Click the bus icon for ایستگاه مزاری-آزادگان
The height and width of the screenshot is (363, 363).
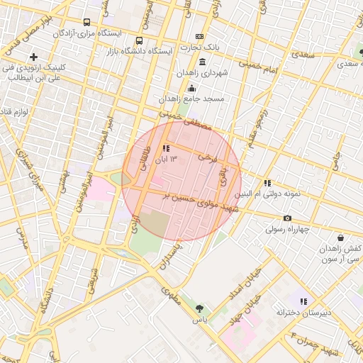pos(87,22)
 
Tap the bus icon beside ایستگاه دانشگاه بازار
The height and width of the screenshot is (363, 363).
pos(138,40)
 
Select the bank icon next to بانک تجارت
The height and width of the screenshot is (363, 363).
pos(199,37)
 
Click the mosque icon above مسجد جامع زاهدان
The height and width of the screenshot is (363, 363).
pos(191,88)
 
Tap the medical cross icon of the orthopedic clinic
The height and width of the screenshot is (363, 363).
pos(33,56)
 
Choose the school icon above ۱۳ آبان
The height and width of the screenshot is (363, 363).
pos(166,148)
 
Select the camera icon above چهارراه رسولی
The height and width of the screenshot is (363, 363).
pos(287,218)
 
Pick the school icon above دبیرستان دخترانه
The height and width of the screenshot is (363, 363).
pos(304,301)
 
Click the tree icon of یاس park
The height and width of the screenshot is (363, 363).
pos(199,308)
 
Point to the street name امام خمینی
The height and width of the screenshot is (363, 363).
pos(252,64)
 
